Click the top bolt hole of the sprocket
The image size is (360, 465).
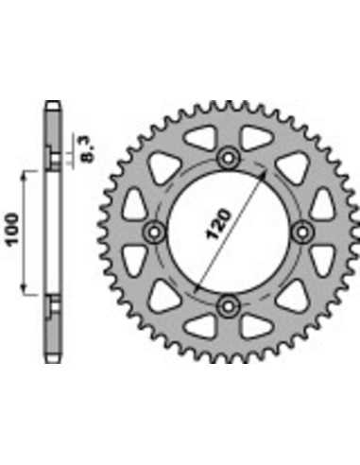pos(228,158)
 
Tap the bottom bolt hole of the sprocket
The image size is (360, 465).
pos(228,304)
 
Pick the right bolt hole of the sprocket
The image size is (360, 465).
pos(301,232)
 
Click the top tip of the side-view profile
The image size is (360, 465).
pos(53,101)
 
